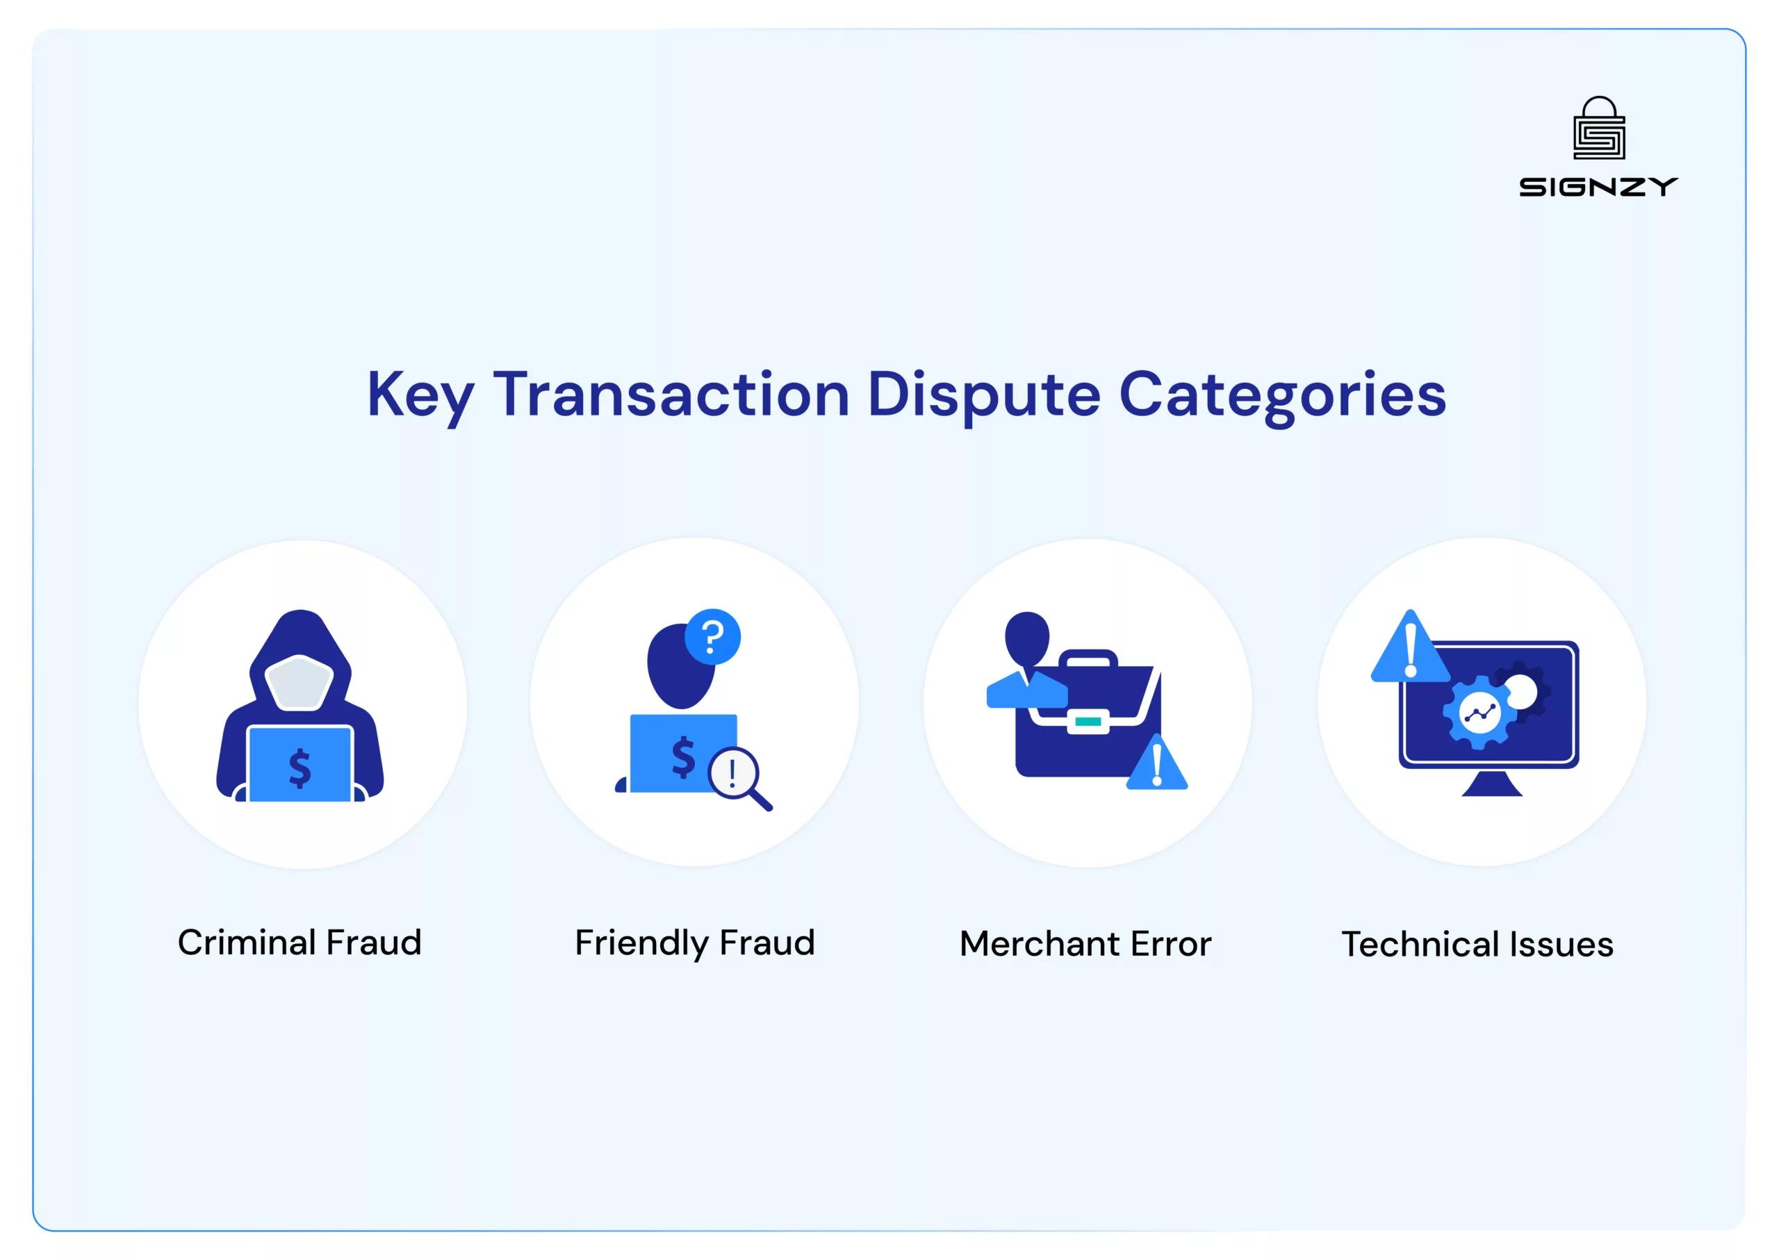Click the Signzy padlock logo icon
(1598, 128)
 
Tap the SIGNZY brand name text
(1598, 187)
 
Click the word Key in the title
(420, 396)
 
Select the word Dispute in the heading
(983, 396)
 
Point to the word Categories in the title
(1282, 396)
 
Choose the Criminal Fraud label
(300, 943)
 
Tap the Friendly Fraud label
(695, 943)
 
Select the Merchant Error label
(1085, 943)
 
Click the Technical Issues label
(1477, 944)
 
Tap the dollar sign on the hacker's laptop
(300, 768)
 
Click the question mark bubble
(712, 637)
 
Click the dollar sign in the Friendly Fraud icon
(683, 756)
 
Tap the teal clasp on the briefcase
(1088, 722)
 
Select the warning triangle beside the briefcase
(1156, 765)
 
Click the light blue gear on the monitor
(1479, 712)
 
